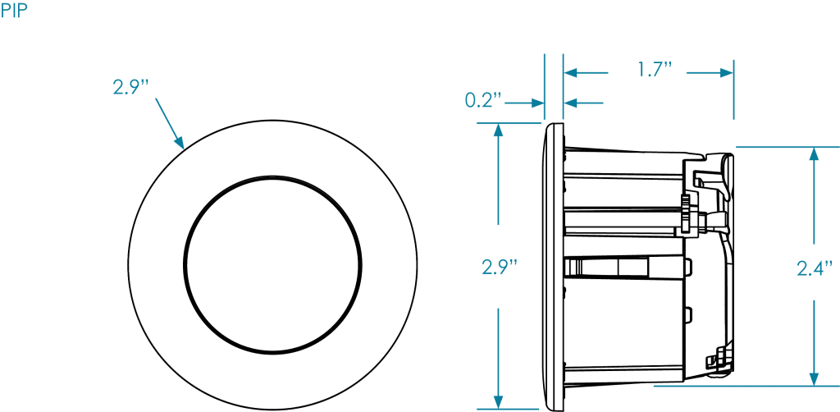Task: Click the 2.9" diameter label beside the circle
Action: pos(132,86)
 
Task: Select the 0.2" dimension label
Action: pos(483,101)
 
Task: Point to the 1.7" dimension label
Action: pos(655,70)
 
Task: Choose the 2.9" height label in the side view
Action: pos(500,267)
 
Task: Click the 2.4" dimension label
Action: pos(815,267)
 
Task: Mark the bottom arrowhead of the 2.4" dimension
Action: pos(813,378)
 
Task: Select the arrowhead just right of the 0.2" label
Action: pos(538,103)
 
